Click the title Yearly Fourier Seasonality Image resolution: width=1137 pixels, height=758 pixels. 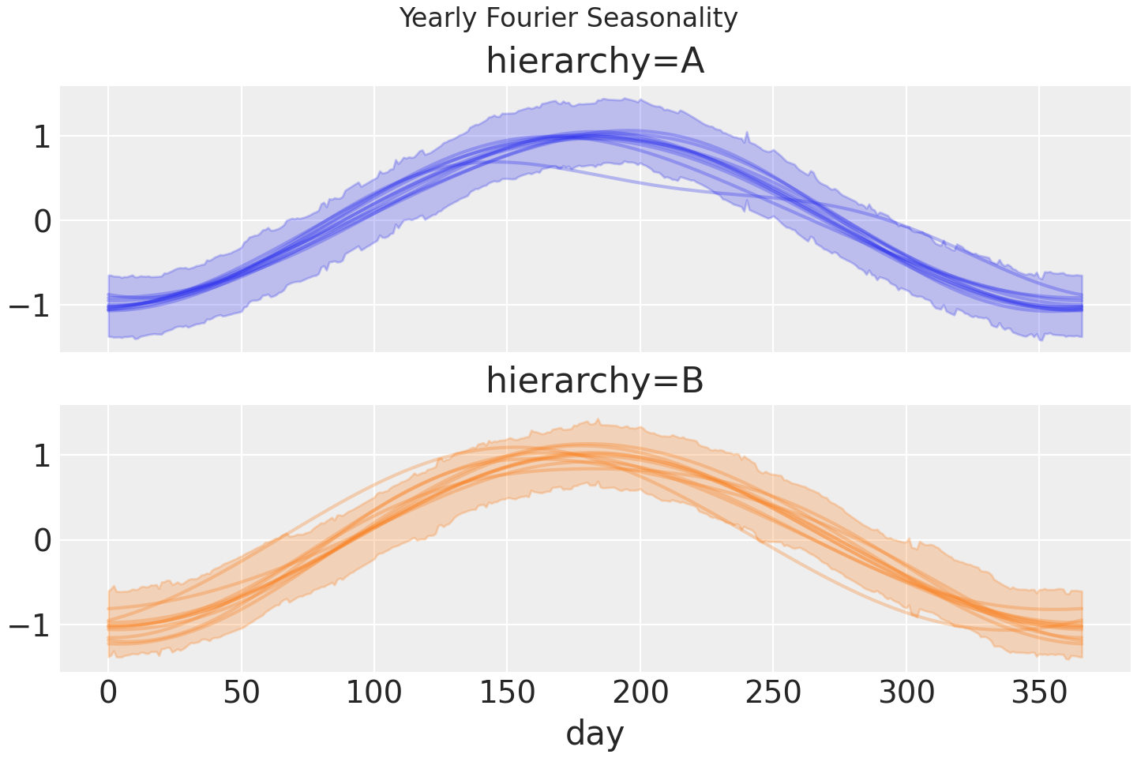point(568,17)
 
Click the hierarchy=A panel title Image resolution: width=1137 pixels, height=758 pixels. point(595,62)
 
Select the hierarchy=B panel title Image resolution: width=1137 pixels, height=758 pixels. point(595,381)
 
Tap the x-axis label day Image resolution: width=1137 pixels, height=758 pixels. point(595,733)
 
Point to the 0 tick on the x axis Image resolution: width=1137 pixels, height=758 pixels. point(108,693)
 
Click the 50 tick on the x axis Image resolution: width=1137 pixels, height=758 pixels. point(242,693)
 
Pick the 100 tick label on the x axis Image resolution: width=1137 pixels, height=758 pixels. point(374,693)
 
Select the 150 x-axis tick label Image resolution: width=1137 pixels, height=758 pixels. point(507,693)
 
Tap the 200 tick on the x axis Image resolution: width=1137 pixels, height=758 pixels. point(640,693)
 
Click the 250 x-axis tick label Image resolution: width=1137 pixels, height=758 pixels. point(773,693)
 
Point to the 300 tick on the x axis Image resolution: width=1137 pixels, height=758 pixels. point(906,693)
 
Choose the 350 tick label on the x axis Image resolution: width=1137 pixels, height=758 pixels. point(1039,693)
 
